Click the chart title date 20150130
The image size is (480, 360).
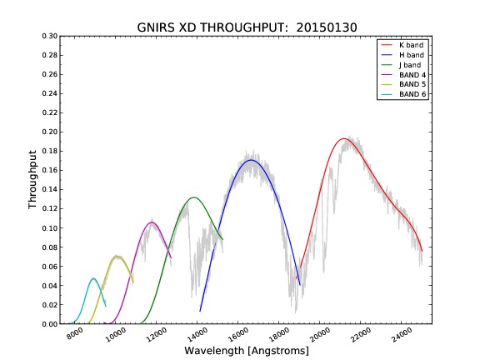pyautogui.click(x=327, y=27)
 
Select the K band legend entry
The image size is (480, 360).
pyautogui.click(x=402, y=45)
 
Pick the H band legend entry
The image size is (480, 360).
pyautogui.click(x=402, y=55)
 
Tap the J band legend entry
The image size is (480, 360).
pyautogui.click(x=401, y=65)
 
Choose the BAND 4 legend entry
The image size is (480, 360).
pyautogui.click(x=403, y=75)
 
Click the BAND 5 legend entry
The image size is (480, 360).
pyautogui.click(x=403, y=84)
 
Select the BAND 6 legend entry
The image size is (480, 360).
pyautogui.click(x=403, y=94)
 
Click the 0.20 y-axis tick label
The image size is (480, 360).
pyautogui.click(x=50, y=132)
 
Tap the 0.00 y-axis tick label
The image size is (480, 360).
pyautogui.click(x=50, y=324)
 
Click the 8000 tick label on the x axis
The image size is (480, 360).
pyautogui.click(x=75, y=333)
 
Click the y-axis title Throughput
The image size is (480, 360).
pyautogui.click(x=32, y=180)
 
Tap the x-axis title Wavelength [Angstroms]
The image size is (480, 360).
pyautogui.click(x=247, y=351)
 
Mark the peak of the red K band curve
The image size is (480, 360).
pyautogui.click(x=344, y=138)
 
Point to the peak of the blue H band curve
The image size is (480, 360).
pyautogui.click(x=251, y=160)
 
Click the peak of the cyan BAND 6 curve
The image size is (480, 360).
pyautogui.click(x=93, y=278)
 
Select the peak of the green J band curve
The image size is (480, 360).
pyautogui.click(x=194, y=197)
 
